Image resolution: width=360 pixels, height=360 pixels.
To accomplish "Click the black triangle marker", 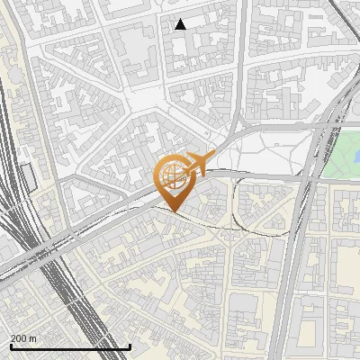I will click(181, 24).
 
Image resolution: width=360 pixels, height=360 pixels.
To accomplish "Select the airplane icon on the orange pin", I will click(196, 166).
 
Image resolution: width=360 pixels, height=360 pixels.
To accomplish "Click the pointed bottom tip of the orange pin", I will click(174, 212).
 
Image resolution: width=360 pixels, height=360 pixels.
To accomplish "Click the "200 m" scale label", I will click(24, 338).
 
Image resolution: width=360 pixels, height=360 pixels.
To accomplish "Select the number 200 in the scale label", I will click(19, 338).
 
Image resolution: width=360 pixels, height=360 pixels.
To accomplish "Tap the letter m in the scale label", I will click(33, 338).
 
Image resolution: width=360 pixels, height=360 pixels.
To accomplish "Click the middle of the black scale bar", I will click(70, 347).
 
